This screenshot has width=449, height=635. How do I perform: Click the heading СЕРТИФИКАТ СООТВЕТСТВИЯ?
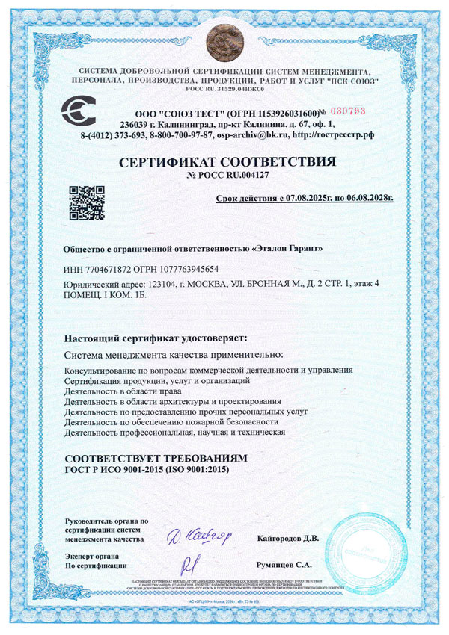coord(224,161)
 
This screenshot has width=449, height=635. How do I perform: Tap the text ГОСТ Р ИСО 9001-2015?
coord(116,468)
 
